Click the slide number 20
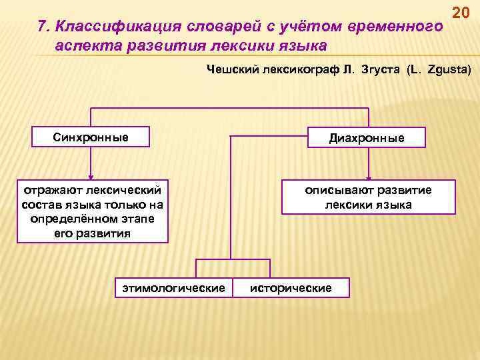[461, 13]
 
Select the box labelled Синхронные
[91, 137]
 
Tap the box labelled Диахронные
[366, 137]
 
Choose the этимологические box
[173, 287]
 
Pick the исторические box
[291, 287]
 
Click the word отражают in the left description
[49, 191]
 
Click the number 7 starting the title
[43, 26]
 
